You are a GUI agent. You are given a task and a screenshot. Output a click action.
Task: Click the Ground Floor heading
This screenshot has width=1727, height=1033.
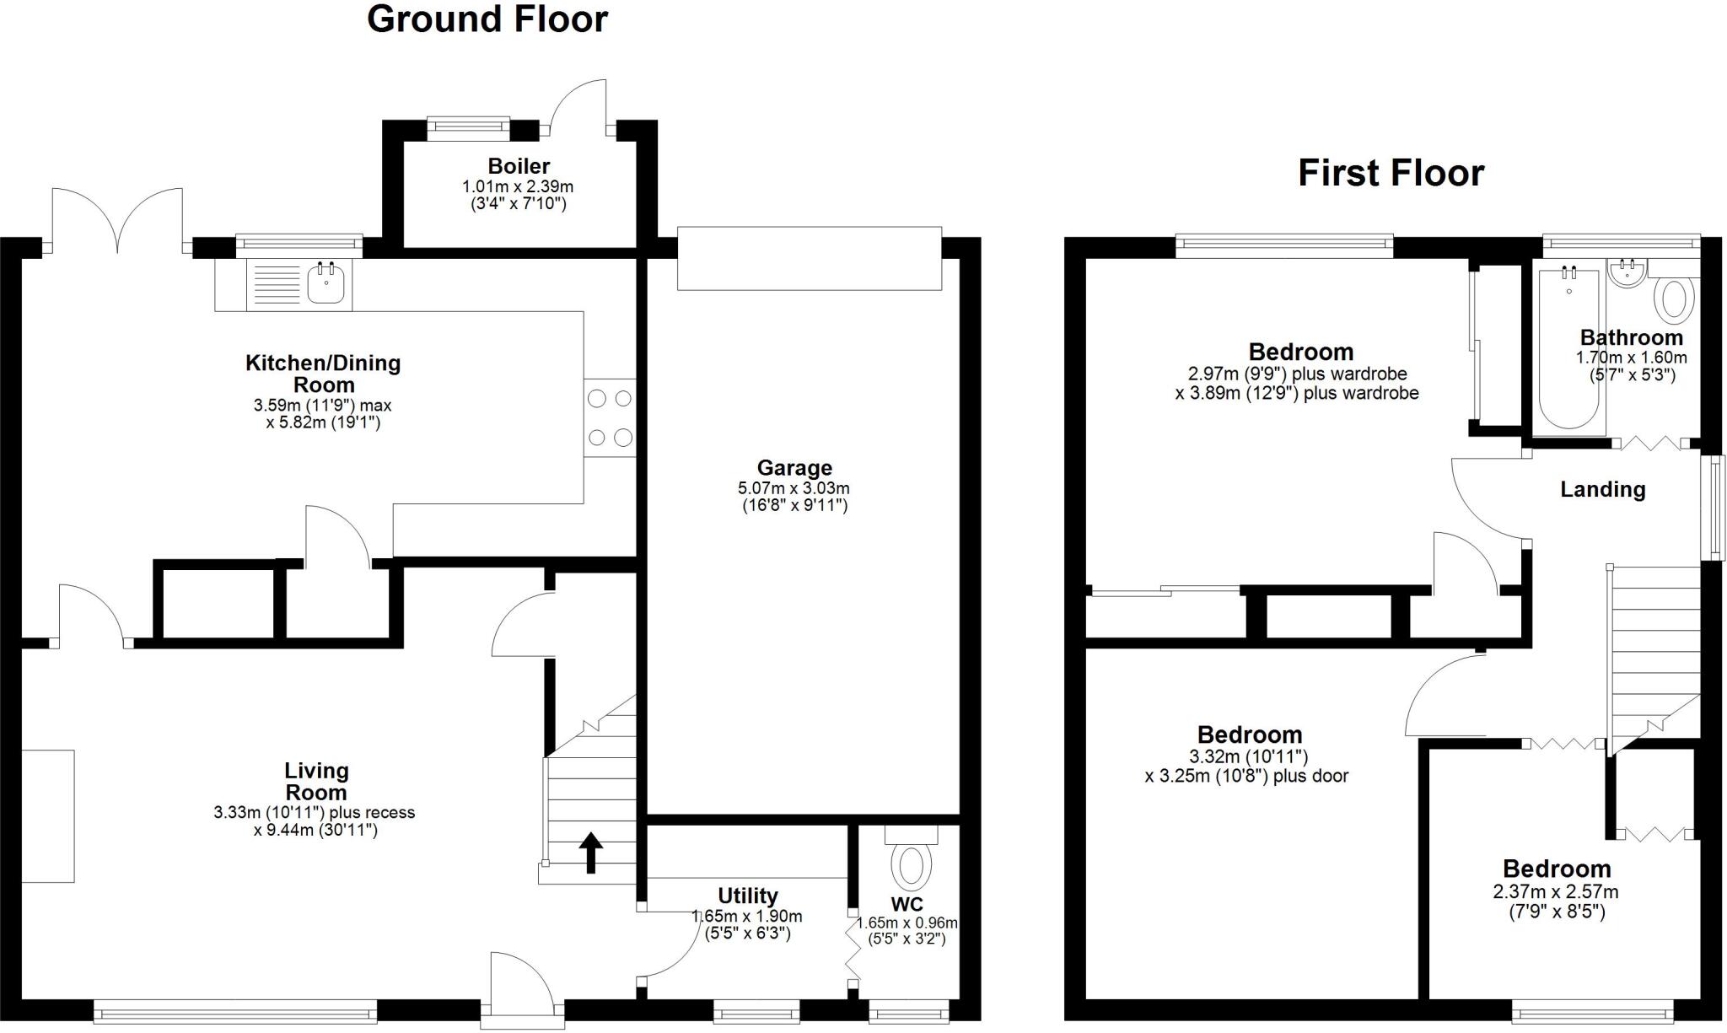pos(487,19)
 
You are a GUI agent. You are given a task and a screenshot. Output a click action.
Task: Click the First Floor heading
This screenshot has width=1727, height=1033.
pos(1391,173)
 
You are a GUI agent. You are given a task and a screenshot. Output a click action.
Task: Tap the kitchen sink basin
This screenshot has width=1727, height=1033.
pos(325,283)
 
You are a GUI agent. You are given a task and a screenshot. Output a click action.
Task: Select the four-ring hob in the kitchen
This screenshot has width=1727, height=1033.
pos(610,417)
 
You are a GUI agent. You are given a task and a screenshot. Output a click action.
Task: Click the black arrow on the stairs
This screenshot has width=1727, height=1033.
pos(590,852)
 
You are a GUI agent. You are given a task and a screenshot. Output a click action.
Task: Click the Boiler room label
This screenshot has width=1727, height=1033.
pos(519,166)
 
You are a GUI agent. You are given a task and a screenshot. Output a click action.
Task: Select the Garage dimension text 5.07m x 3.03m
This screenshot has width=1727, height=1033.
pos(794,488)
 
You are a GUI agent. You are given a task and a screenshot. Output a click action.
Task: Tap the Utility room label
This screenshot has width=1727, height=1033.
pos(747,896)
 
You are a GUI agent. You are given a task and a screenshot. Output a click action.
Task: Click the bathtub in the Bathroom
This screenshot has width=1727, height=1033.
pos(1568,350)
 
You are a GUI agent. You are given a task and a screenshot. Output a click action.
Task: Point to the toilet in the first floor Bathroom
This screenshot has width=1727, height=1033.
pos(1675,299)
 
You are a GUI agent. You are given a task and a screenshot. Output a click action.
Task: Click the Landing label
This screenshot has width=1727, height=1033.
pos(1602,490)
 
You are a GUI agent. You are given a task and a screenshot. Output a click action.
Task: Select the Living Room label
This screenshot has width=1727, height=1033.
pos(315,782)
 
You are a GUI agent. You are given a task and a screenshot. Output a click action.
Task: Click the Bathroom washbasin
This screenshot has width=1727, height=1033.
pos(1626,273)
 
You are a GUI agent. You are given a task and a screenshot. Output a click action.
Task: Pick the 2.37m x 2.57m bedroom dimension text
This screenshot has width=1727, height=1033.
pos(1555,892)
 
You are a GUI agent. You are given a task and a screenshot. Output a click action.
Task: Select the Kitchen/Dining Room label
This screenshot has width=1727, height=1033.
pos(323,374)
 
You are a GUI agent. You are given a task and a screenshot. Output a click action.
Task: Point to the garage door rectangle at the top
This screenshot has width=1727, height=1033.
pos(809,258)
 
